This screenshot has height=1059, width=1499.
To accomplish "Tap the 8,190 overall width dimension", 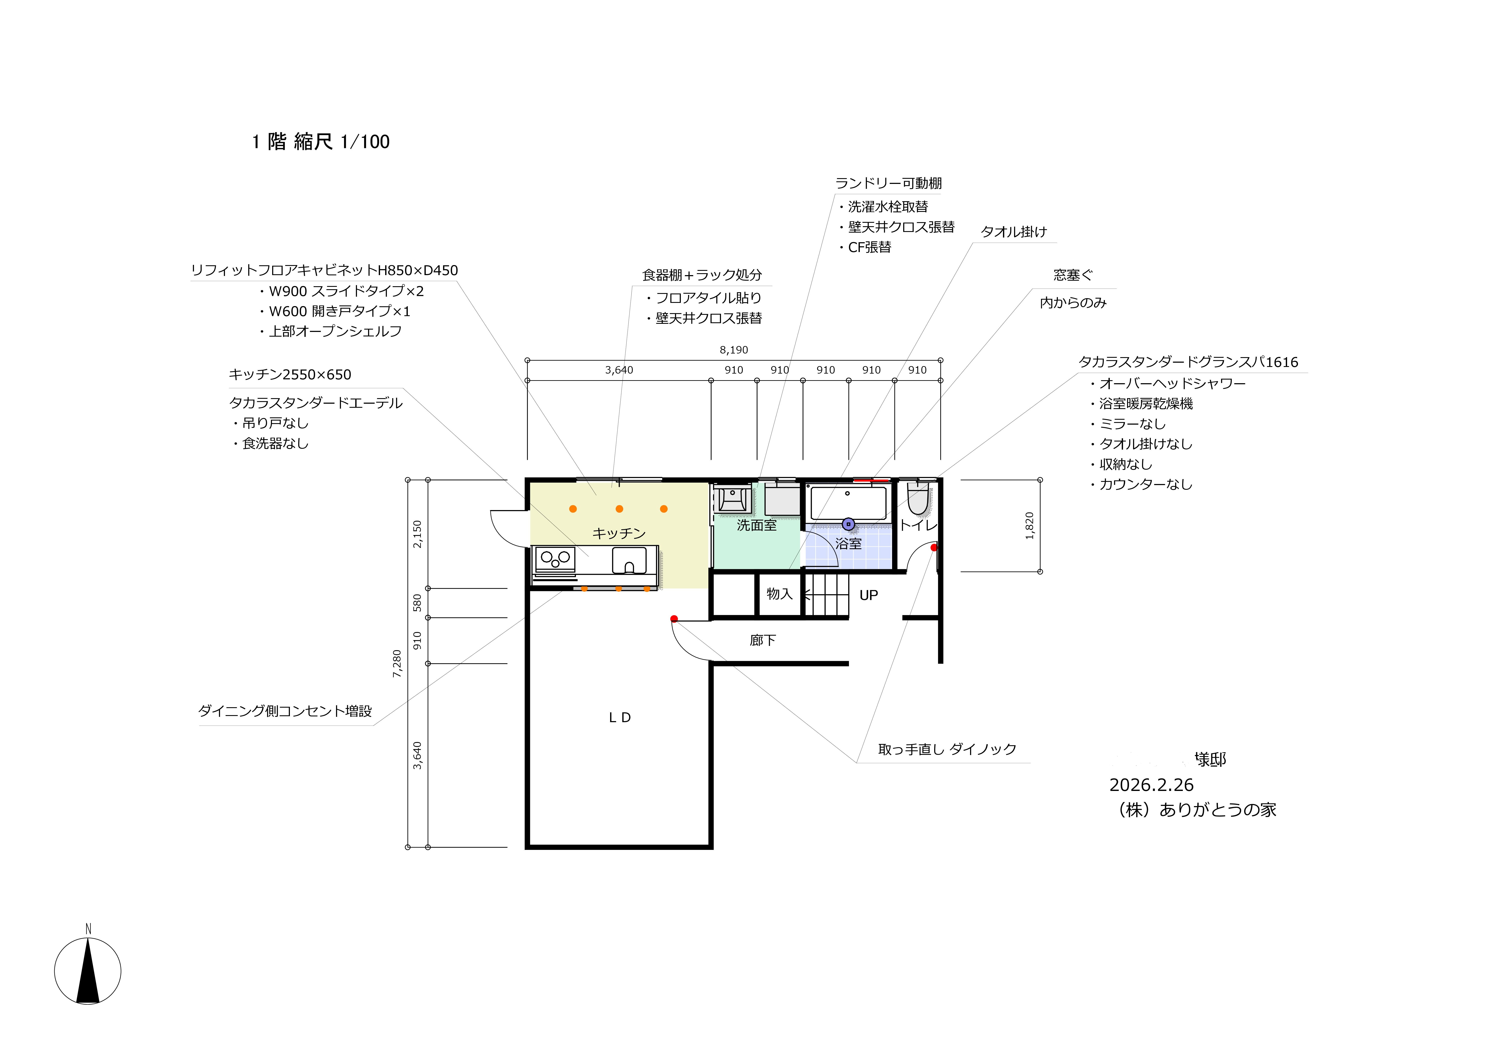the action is tap(734, 350).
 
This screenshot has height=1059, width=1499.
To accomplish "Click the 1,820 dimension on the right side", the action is tap(1030, 526).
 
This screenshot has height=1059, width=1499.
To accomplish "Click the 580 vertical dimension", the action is tap(417, 603).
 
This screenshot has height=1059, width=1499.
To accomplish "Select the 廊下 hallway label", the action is tap(763, 641).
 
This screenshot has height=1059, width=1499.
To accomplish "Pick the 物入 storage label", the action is tap(780, 594).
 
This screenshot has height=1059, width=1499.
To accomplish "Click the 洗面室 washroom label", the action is tap(757, 525).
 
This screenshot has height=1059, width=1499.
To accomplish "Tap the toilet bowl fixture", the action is tap(918, 499).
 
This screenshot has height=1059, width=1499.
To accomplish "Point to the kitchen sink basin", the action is tap(629, 560).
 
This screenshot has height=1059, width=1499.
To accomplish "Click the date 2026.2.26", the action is tap(1152, 785).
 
